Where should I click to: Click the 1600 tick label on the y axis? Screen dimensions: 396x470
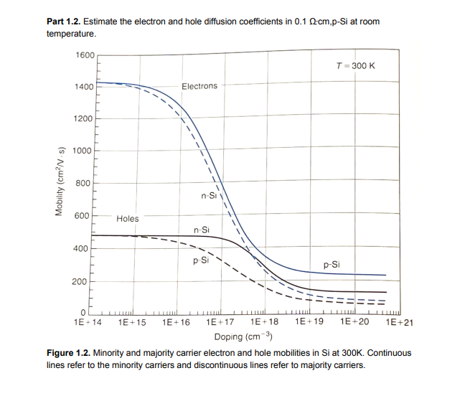point(84,55)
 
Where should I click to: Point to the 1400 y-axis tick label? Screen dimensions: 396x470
point(84,87)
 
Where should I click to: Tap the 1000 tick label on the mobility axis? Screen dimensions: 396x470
point(84,151)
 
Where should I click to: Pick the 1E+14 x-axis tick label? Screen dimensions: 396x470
point(88,324)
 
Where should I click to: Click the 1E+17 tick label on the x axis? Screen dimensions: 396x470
point(220,324)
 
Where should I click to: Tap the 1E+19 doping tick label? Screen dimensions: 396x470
point(309,324)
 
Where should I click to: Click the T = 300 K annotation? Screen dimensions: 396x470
point(356,65)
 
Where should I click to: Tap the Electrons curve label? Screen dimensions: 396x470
point(199,86)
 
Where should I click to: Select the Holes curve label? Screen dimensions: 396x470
point(128,218)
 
